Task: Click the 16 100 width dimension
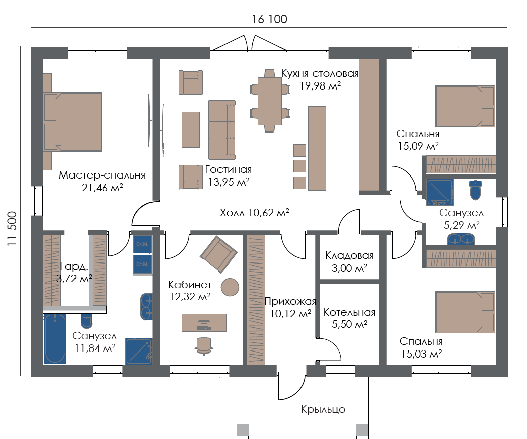[270, 19]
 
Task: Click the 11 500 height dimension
[12, 228]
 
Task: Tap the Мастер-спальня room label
[102, 175]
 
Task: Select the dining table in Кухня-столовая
[270, 101]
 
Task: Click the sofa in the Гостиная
[222, 130]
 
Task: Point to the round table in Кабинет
[230, 287]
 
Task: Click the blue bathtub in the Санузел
[55, 339]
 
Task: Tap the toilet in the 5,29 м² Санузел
[475, 190]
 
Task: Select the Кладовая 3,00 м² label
[349, 261]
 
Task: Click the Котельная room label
[349, 312]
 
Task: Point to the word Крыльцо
[323, 409]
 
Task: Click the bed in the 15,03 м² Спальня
[465, 312]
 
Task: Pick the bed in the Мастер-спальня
[73, 122]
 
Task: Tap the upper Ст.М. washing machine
[142, 244]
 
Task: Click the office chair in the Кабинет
[204, 346]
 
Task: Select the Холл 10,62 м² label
[254, 213]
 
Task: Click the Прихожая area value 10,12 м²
[291, 314]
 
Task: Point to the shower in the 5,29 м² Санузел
[440, 192]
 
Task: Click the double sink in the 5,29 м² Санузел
[461, 239]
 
